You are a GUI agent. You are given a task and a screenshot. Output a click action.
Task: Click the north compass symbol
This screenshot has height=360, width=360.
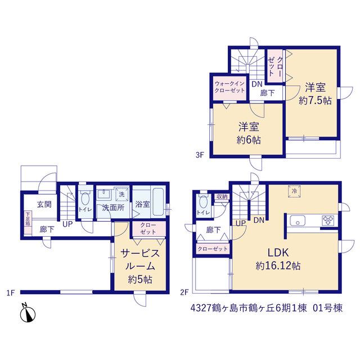click(28, 314)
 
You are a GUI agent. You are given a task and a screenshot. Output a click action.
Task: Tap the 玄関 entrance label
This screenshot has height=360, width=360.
click(44, 204)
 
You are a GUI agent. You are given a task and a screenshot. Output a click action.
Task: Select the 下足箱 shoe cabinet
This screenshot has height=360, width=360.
click(28, 223)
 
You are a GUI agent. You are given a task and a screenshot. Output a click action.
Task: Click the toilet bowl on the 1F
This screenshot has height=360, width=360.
click(85, 199)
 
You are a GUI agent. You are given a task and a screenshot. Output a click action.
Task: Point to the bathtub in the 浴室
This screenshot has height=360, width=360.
click(158, 202)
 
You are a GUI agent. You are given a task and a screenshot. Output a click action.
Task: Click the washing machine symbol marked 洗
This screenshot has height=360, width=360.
click(121, 195)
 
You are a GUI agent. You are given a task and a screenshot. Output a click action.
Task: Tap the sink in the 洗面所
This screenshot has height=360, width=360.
click(104, 194)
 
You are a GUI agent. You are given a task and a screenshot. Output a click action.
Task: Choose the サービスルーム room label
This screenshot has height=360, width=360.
click(140, 260)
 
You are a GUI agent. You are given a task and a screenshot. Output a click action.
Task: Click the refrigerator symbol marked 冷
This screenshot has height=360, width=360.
click(294, 191)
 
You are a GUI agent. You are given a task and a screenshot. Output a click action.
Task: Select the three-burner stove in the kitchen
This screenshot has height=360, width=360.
click(328, 220)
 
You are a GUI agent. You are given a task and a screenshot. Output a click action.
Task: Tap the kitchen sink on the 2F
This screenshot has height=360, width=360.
click(298, 220)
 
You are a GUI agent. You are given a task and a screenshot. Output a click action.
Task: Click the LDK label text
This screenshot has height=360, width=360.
click(278, 253)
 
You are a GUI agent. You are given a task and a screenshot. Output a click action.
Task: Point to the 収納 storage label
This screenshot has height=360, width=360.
click(222, 197)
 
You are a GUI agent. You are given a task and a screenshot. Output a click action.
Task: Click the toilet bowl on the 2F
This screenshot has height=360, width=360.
click(204, 202)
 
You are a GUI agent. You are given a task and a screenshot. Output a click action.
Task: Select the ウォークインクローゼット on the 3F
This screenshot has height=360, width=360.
click(229, 87)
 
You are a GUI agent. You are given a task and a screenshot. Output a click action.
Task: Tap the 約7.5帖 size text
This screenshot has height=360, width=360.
click(315, 100)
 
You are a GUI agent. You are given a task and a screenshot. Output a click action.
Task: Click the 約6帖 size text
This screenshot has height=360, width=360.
click(249, 140)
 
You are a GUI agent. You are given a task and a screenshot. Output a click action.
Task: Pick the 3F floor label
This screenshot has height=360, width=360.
click(200, 155)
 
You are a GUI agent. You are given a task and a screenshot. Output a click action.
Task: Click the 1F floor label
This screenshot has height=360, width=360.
click(11, 292)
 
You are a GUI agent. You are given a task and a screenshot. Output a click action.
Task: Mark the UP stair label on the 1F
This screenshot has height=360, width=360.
click(67, 224)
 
